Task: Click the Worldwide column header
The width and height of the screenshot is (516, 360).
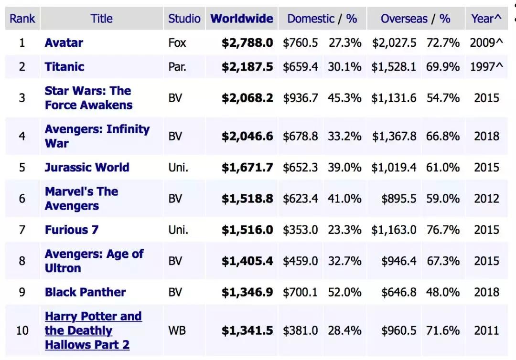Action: (x=242, y=19)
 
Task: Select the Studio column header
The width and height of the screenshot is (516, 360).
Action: (x=184, y=19)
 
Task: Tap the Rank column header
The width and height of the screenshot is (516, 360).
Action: (x=22, y=19)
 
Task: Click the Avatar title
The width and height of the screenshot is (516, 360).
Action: (x=64, y=42)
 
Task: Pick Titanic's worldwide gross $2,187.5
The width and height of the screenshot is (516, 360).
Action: (x=247, y=66)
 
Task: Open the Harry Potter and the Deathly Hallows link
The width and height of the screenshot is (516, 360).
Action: (x=93, y=330)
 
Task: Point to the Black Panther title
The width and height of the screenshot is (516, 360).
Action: (x=85, y=292)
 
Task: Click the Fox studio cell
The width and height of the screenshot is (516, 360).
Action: (x=177, y=42)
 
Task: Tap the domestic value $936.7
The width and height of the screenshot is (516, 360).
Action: (x=300, y=98)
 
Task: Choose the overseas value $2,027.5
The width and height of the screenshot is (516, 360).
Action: (x=394, y=42)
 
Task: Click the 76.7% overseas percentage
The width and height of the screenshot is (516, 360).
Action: (x=443, y=230)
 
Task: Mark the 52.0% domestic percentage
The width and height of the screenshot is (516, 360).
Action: (x=344, y=292)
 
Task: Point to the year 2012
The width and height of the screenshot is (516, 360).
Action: (x=486, y=199)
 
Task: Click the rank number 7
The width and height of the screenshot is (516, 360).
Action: (x=22, y=230)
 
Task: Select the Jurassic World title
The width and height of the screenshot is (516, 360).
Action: (x=87, y=168)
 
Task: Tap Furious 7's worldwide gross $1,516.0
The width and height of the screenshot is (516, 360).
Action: (x=247, y=230)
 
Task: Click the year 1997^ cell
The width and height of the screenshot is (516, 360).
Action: (x=486, y=66)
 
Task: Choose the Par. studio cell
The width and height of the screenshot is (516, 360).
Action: (x=177, y=66)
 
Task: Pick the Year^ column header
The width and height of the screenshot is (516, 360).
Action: (x=486, y=19)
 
